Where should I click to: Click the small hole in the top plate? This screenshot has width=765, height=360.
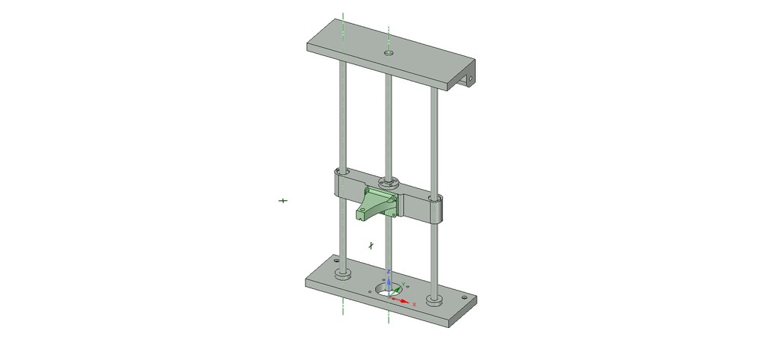click(x=388, y=53)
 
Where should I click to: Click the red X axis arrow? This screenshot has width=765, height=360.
click(x=405, y=301)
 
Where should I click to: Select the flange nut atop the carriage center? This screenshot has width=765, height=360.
click(x=388, y=181)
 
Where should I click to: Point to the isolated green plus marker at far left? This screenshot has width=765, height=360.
click(x=283, y=201)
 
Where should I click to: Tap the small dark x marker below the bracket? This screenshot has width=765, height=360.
click(x=371, y=244)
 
